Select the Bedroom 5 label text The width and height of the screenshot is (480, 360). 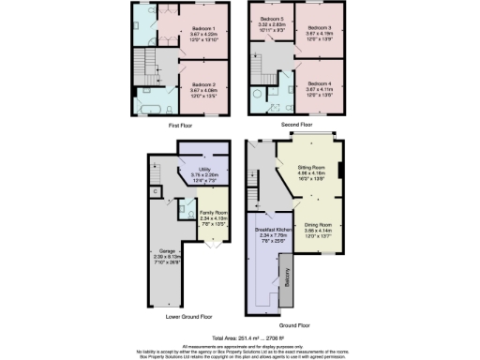(271, 19)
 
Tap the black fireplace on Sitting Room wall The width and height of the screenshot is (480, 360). (339, 169)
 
